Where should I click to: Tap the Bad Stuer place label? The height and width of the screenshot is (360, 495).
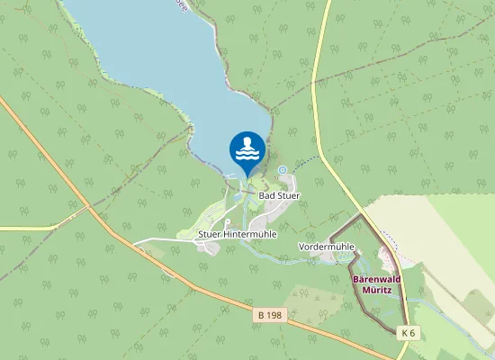(279, 194)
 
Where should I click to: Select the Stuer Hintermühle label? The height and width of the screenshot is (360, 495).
(237, 234)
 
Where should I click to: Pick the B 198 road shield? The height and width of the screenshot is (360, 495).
(268, 315)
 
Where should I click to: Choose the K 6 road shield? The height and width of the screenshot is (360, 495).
(409, 333)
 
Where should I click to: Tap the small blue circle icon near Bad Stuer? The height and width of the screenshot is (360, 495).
(282, 170)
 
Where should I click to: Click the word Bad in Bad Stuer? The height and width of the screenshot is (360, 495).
(266, 194)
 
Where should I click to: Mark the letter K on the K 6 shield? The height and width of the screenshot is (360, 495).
(405, 333)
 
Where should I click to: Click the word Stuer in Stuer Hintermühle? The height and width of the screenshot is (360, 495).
(210, 234)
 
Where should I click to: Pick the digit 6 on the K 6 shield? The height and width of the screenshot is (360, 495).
(413, 333)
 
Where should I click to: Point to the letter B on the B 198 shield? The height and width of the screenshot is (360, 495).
(260, 315)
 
